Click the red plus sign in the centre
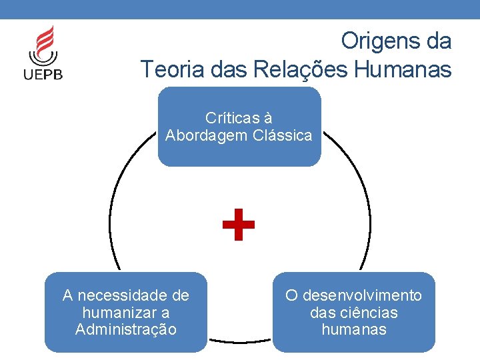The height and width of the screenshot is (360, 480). [x=239, y=224]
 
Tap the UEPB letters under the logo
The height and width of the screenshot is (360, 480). [x=44, y=73]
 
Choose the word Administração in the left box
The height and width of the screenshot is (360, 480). [x=126, y=329]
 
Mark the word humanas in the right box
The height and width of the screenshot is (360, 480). [x=354, y=329]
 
